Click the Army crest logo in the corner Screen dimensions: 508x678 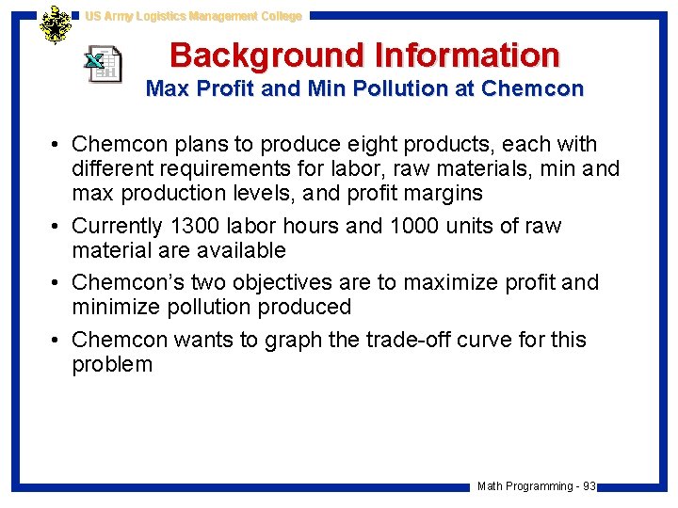[x=56, y=25]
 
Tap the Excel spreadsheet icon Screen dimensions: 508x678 [x=103, y=63]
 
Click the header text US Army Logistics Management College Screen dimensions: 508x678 [x=193, y=16]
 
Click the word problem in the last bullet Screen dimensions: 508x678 [x=112, y=364]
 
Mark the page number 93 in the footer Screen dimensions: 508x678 [x=589, y=486]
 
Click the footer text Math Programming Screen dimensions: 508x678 [x=525, y=486]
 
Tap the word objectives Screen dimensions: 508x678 [x=287, y=282]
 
